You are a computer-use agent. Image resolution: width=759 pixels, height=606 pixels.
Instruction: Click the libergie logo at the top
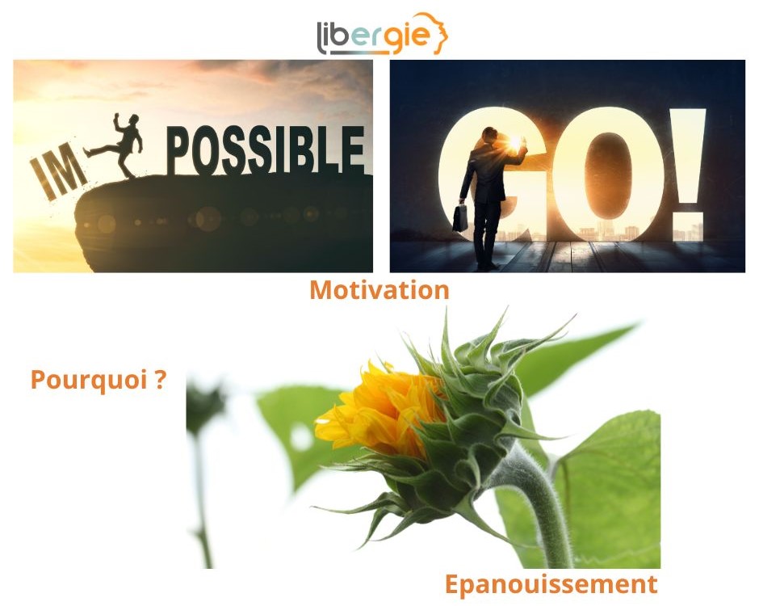[383, 34]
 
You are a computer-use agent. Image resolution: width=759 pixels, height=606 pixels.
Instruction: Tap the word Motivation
[379, 290]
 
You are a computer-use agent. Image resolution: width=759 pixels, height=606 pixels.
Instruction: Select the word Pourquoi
[89, 381]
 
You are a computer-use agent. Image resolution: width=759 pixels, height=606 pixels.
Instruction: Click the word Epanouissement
[551, 584]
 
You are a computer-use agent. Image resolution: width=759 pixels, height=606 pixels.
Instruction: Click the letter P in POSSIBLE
[177, 149]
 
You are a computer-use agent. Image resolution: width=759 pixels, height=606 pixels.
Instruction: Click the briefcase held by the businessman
[460, 217]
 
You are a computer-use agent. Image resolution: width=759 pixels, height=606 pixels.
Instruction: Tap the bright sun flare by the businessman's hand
[515, 141]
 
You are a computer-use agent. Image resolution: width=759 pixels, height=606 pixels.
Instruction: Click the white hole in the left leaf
[300, 436]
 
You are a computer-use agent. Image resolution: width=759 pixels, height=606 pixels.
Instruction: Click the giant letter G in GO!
[489, 175]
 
